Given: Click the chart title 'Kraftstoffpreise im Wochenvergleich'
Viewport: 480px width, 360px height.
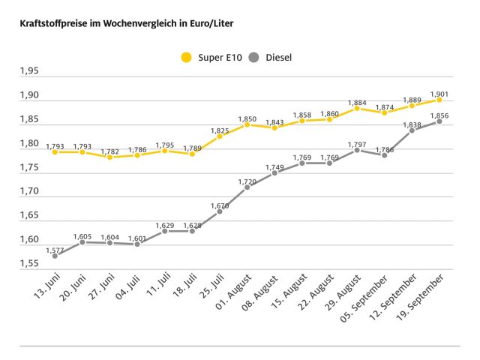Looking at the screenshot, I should (x=120, y=24).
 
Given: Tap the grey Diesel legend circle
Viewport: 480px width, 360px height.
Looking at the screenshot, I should (x=254, y=56).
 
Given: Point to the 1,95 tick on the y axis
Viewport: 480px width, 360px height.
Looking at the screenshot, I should (x=29, y=71).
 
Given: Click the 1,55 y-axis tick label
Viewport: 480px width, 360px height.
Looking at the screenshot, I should (x=29, y=264).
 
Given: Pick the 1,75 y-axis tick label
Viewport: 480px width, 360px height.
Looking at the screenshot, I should (x=29, y=167).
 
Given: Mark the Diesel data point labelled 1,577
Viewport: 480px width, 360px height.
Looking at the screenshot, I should (x=55, y=256).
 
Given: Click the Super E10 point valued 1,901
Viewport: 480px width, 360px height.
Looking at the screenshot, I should (x=439, y=99).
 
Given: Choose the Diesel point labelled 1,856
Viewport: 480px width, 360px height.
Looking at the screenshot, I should (x=439, y=121).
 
